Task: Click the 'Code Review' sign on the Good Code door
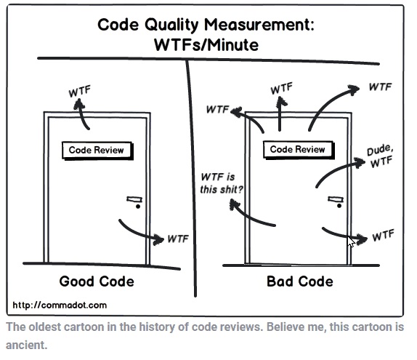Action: pos(97,151)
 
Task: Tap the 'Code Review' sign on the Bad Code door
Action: pos(299,150)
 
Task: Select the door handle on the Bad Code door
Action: pos(336,201)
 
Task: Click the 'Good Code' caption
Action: pos(97,281)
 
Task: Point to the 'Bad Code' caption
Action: pos(300,281)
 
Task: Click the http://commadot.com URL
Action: pos(60,305)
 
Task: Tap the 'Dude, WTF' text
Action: pos(380,156)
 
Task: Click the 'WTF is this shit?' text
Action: pos(222,183)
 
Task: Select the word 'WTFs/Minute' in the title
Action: pos(206,45)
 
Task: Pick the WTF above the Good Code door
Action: pos(79,92)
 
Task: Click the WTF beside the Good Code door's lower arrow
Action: pos(178,239)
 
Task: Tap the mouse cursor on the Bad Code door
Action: pos(352,241)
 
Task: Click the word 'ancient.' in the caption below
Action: pos(26,345)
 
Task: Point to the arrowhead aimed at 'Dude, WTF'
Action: pos(360,162)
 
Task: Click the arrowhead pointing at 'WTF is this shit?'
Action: pos(235,205)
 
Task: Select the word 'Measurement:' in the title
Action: pos(259,25)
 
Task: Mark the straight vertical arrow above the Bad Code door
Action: pos(280,113)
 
